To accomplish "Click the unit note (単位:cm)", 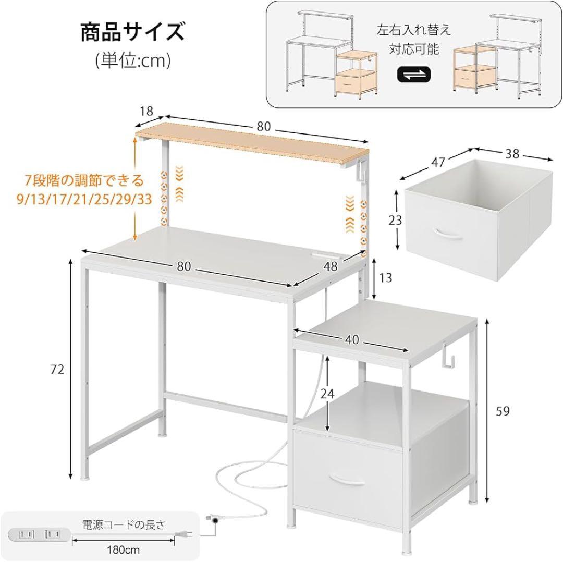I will [133, 60].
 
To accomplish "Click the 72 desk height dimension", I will [57, 370].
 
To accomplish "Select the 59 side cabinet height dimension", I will [503, 411].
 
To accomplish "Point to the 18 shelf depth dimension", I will [146, 111].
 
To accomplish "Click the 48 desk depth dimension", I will [329, 266].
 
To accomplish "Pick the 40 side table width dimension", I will [352, 339].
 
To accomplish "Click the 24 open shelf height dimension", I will [327, 394].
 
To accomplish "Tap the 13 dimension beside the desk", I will [385, 278].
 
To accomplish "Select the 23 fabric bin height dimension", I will [396, 220].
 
